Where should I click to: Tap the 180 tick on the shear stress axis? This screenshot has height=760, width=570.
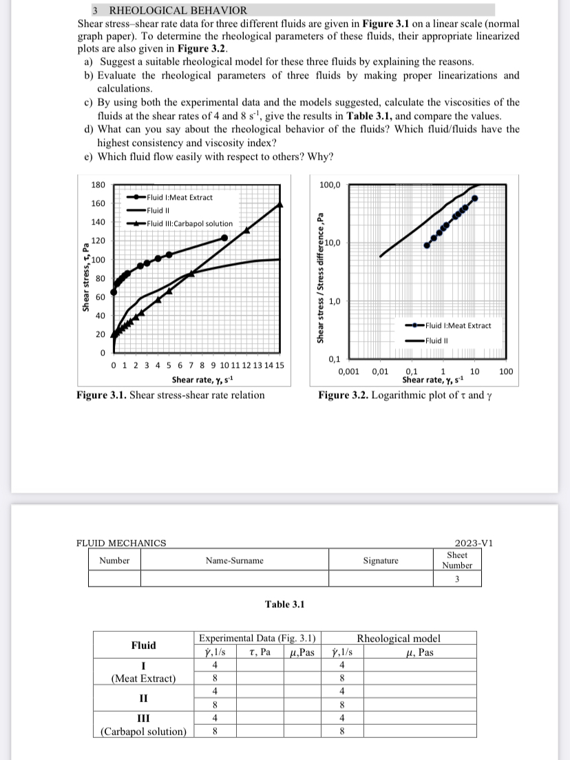point(98,185)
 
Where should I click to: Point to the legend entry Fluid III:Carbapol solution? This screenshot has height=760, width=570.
point(190,223)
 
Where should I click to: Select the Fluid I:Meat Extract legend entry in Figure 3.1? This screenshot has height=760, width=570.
point(181,197)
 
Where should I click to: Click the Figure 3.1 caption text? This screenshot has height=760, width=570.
point(170,395)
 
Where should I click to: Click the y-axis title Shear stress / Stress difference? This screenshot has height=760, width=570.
point(319,276)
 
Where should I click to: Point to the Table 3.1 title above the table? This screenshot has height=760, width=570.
point(284,604)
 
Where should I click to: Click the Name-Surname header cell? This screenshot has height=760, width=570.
point(234,561)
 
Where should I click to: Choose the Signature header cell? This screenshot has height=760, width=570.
point(381,561)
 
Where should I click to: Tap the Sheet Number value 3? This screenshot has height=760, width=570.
point(457,578)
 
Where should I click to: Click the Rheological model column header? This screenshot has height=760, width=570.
point(398,639)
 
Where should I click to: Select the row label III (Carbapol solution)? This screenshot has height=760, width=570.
point(143,725)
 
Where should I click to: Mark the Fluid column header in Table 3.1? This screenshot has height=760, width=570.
point(143,646)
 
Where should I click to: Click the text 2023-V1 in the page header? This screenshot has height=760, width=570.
point(474,543)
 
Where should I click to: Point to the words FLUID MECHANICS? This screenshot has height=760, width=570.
point(121,543)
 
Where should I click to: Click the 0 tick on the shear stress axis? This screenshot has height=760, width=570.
point(102,353)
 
